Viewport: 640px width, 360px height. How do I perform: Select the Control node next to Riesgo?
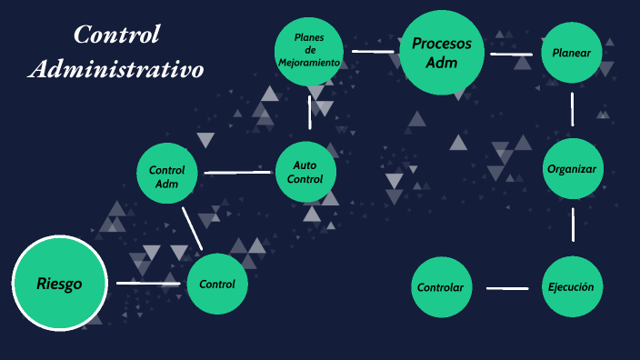click(217, 284)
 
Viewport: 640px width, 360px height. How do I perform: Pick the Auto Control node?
click(305, 172)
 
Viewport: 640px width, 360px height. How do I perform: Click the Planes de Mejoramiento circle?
click(310, 51)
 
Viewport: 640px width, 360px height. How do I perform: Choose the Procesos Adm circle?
click(441, 53)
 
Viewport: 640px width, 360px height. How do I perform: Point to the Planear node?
click(572, 53)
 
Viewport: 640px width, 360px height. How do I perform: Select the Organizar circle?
click(573, 168)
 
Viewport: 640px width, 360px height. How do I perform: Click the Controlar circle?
click(441, 287)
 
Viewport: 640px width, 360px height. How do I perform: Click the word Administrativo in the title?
click(115, 69)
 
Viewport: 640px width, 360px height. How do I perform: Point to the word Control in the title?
click(116, 35)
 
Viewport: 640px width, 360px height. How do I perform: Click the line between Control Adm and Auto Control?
click(238, 172)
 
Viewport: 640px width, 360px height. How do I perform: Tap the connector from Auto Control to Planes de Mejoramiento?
click(310, 112)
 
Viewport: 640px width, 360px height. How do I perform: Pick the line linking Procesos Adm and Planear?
click(511, 55)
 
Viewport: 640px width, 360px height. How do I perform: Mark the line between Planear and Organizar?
click(573, 109)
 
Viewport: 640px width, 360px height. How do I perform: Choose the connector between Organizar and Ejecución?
click(574, 225)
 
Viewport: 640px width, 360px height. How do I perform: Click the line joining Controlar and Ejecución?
click(507, 288)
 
